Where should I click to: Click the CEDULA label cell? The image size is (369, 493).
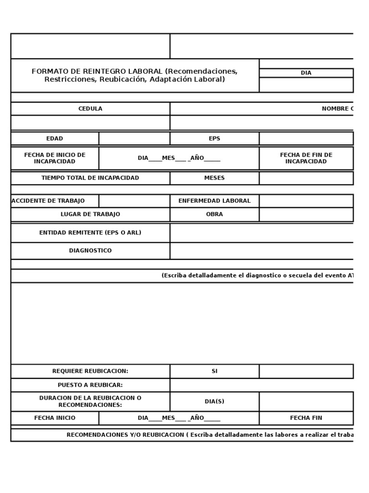click(x=90, y=109)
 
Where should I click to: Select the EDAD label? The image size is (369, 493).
click(x=54, y=139)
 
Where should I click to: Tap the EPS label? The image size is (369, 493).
click(x=214, y=139)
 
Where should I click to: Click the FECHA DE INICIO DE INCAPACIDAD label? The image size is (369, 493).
click(x=54, y=158)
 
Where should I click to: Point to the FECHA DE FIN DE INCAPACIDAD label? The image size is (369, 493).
click(x=306, y=158)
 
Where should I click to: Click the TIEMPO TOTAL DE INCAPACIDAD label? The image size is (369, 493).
click(x=90, y=178)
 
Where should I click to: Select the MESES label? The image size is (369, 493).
click(x=214, y=178)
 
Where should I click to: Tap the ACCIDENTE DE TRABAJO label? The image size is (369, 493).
click(x=48, y=201)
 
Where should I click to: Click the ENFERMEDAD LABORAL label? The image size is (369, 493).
click(x=214, y=201)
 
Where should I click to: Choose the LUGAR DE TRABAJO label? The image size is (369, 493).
click(x=90, y=214)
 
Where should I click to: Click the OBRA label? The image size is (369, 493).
click(x=214, y=214)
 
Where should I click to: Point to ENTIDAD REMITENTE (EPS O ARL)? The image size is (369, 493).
click(x=90, y=233)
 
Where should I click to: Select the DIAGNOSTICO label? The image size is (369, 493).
click(x=90, y=251)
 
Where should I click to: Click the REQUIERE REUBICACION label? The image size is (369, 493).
click(x=90, y=371)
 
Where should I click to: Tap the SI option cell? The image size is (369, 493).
click(x=214, y=371)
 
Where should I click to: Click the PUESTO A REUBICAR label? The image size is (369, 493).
click(x=90, y=385)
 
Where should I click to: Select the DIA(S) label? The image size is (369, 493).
click(x=214, y=402)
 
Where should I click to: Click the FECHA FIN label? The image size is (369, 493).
click(x=306, y=418)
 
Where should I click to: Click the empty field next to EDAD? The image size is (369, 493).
click(x=134, y=139)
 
